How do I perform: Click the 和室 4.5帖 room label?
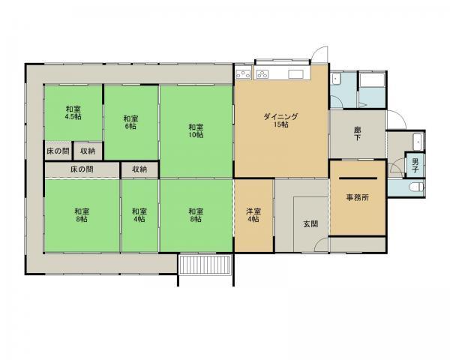73,112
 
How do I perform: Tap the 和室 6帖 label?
130,122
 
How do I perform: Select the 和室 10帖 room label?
196,131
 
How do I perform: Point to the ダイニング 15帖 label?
281,121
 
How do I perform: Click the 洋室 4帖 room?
253,215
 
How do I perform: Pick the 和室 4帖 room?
139,215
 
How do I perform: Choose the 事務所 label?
357,197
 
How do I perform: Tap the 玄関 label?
310,224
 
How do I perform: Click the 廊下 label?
357,133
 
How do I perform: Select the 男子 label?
415,166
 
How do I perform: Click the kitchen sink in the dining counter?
296,74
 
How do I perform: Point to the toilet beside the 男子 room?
416,187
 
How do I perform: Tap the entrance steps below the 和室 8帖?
205,265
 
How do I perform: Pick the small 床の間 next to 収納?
58,151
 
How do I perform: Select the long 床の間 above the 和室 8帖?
82,169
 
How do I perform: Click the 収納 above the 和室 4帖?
139,169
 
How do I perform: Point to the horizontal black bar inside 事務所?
358,178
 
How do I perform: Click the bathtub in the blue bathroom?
372,80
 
